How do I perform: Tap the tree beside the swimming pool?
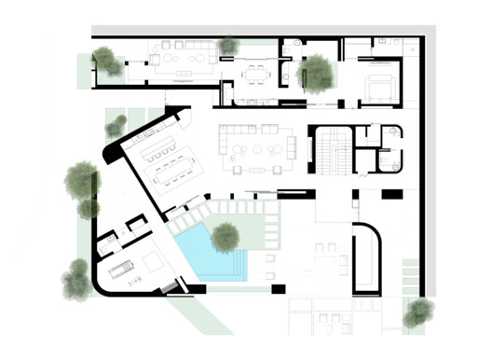(225, 237)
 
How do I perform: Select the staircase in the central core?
(332, 149)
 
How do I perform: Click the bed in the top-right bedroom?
(380, 86)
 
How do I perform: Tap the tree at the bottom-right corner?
(417, 312)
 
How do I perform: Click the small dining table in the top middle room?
(254, 73)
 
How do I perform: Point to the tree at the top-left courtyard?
(109, 62)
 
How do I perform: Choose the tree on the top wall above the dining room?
(226, 45)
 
